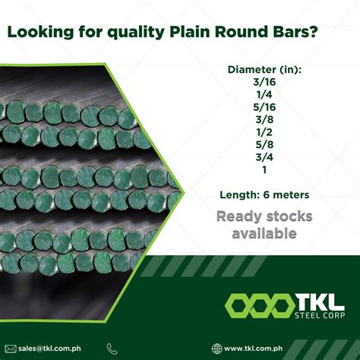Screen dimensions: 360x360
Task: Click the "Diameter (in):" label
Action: tap(264, 70)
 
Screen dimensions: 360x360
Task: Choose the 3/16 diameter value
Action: tap(264, 83)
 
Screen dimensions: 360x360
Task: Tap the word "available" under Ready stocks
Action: tap(264, 234)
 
